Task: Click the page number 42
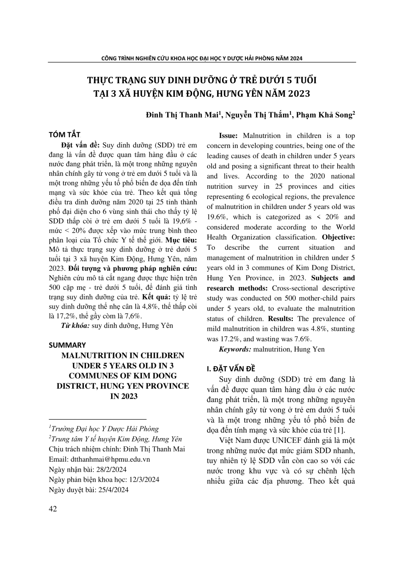coord(53,509)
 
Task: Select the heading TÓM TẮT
coord(64,134)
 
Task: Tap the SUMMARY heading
coord(67,345)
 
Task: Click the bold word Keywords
coord(235,349)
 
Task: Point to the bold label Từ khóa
coord(75,326)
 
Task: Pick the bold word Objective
coord(338,237)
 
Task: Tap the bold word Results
coord(281,319)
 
